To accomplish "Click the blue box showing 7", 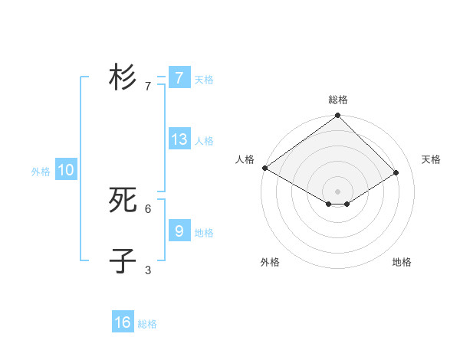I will [179, 77].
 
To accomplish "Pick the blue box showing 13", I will [179, 139].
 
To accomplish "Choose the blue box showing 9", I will [179, 230].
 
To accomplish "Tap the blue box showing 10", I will [66, 170].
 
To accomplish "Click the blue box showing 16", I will [123, 322].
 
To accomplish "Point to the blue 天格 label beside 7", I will [204, 79].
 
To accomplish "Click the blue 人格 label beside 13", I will [204, 141].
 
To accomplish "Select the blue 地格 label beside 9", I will [204, 232].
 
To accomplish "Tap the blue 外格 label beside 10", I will [41, 172].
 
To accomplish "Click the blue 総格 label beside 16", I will [147, 324].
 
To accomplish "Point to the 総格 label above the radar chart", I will [337, 100].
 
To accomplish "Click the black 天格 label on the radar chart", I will [432, 159].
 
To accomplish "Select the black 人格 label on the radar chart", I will [245, 159].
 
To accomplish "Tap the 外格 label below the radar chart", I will [270, 262].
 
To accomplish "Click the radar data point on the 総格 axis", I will [337, 116].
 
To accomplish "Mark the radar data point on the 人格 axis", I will [264, 168].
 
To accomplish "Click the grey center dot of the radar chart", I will [337, 191].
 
